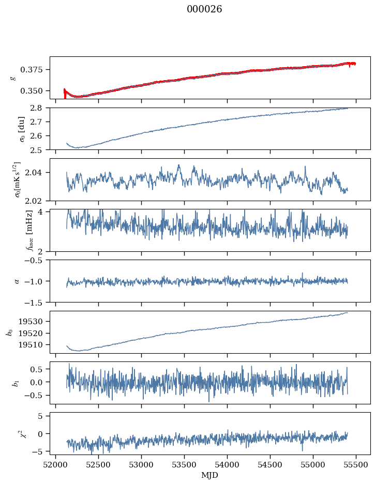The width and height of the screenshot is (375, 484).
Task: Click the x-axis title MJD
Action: tap(209, 475)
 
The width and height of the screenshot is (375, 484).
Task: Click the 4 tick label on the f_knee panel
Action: tap(44, 212)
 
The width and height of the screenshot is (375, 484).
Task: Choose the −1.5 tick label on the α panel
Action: tap(36, 302)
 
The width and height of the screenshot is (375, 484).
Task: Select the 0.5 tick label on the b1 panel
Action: tap(38, 369)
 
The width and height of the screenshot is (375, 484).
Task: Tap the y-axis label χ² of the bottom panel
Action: tap(15, 434)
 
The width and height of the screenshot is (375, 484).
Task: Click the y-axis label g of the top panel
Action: tap(13, 78)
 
